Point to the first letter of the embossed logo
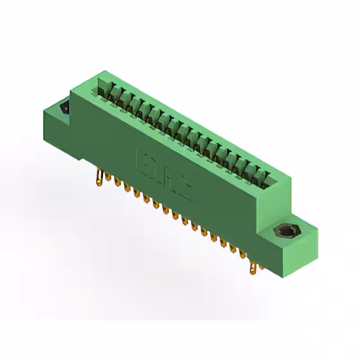[x=142, y=159]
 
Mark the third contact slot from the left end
[x=125, y=100]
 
